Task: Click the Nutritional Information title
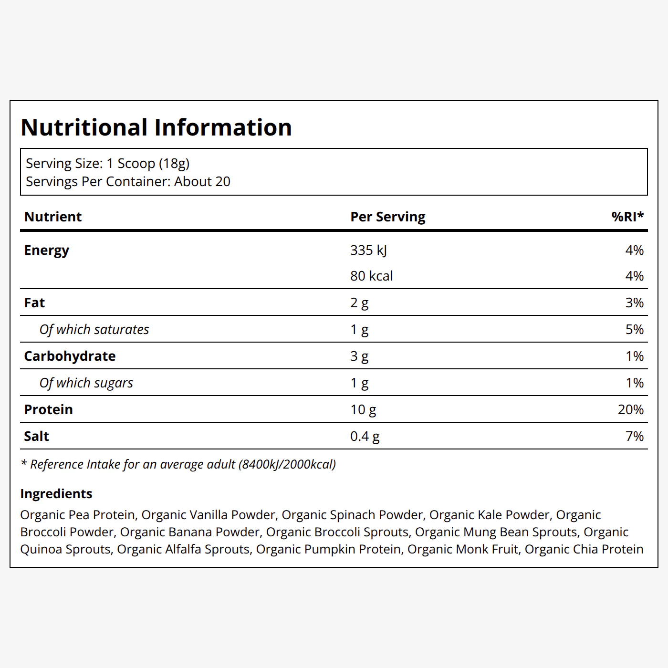click(x=156, y=127)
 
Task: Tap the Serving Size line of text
click(x=107, y=164)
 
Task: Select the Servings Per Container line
click(x=128, y=182)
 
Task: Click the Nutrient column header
click(x=52, y=217)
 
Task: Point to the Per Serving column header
click(x=387, y=217)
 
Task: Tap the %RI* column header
click(x=627, y=216)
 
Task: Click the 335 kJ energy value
click(x=368, y=250)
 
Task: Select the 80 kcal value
click(x=371, y=276)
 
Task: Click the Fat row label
click(x=34, y=303)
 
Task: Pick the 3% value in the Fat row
click(x=635, y=303)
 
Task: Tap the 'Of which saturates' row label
click(x=94, y=329)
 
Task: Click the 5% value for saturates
click(x=635, y=329)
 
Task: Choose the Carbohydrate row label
click(x=70, y=356)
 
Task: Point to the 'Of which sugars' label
click(x=86, y=383)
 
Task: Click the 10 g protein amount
click(x=363, y=410)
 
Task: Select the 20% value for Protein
click(x=631, y=409)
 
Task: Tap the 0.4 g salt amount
click(x=365, y=437)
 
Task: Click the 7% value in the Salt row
click(x=635, y=436)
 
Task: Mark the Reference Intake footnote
click(x=178, y=464)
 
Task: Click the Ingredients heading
click(x=56, y=494)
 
